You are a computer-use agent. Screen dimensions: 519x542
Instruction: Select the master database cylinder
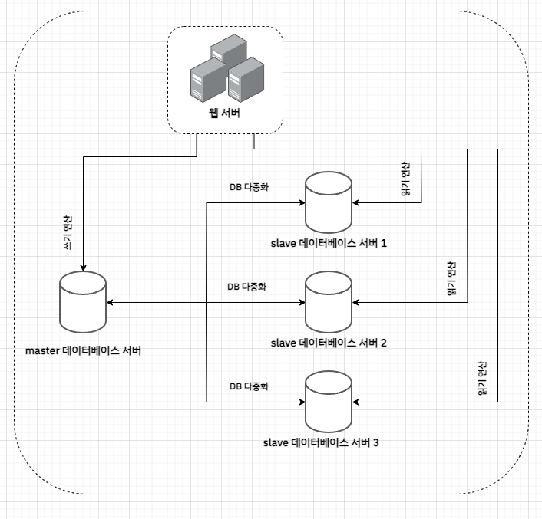click(x=82, y=303)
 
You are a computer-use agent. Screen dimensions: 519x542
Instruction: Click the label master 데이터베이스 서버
click(x=83, y=351)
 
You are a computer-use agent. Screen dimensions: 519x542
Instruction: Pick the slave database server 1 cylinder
click(x=328, y=202)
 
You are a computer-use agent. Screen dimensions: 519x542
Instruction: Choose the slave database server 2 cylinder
click(x=328, y=302)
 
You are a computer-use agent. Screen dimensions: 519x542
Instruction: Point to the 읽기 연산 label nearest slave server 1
click(x=405, y=179)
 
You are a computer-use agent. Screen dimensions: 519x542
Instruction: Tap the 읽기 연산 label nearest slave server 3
click(x=482, y=377)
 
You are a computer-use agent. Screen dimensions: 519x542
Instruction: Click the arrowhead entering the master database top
click(x=82, y=268)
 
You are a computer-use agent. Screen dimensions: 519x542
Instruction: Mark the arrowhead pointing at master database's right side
click(x=109, y=302)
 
